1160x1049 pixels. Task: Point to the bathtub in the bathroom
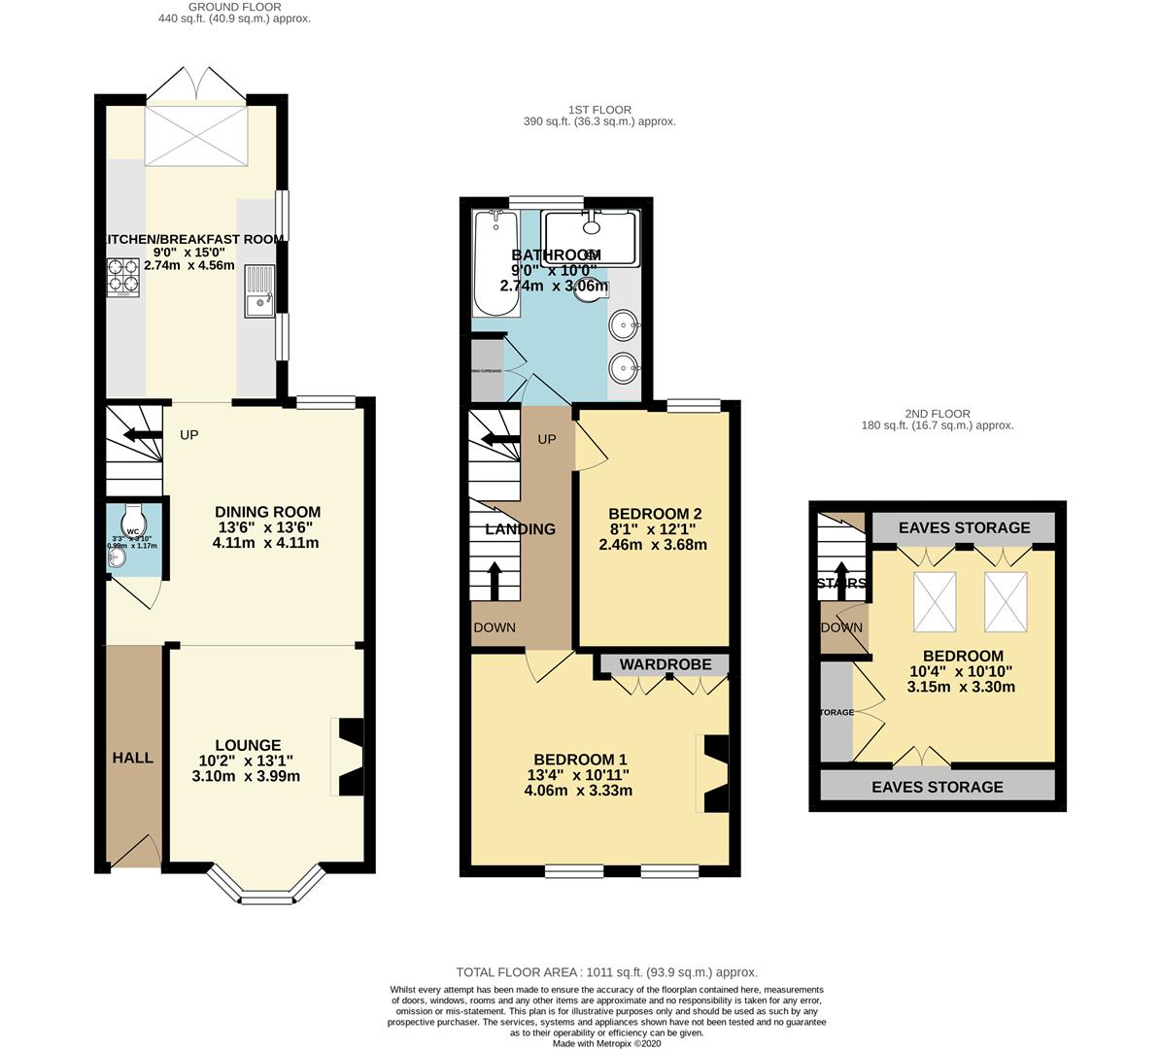point(496,264)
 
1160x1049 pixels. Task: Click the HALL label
point(132,757)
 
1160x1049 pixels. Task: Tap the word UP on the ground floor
point(188,434)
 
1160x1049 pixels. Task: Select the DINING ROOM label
point(267,512)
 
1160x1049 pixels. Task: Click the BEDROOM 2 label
point(653,514)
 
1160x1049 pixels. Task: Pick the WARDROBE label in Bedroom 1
point(665,664)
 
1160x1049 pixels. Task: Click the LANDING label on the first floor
point(521,529)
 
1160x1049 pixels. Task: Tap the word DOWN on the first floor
point(495,627)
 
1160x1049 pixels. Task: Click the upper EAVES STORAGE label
point(964,527)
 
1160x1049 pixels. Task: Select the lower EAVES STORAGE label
point(938,787)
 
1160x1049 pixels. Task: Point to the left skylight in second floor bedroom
point(935,601)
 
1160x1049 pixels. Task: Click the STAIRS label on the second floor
point(842,583)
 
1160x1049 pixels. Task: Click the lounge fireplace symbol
point(349,758)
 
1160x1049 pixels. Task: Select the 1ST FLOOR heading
point(601,110)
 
